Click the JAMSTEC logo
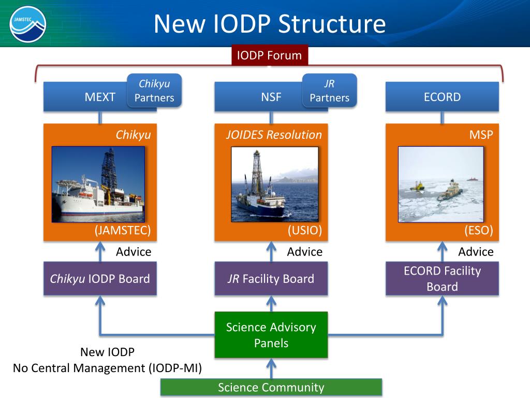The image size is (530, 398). [28, 23]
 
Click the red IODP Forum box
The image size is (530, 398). [269, 55]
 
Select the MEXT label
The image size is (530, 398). [100, 97]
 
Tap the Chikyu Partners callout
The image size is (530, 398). [154, 91]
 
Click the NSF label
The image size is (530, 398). [271, 97]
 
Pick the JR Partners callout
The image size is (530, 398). [330, 91]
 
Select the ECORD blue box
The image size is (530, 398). [442, 97]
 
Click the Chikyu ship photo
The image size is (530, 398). [98, 184]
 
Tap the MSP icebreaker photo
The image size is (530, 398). [440, 184]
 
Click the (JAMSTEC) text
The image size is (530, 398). [122, 231]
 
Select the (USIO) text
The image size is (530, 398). [305, 231]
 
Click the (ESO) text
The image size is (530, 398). [478, 231]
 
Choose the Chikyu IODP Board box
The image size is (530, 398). [100, 279]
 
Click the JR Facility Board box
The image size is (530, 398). [271, 279]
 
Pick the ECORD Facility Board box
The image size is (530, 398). [442, 279]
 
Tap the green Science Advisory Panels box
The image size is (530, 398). [271, 335]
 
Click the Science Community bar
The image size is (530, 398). [271, 388]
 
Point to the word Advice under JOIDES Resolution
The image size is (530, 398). [304, 252]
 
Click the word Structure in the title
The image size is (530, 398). [332, 24]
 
